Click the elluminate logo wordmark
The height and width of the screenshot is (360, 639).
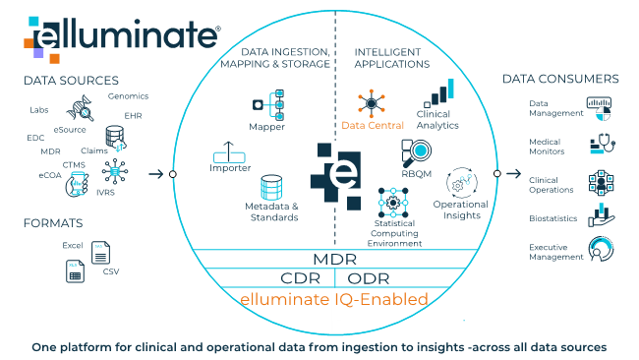[123, 36]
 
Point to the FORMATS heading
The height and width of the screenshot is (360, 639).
[53, 223]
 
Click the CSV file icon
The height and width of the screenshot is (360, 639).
[99, 253]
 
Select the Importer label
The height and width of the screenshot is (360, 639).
[232, 168]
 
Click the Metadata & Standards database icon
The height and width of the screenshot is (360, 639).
[271, 189]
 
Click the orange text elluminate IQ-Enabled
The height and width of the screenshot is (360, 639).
[334, 297]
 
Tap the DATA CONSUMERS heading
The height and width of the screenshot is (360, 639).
[560, 79]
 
